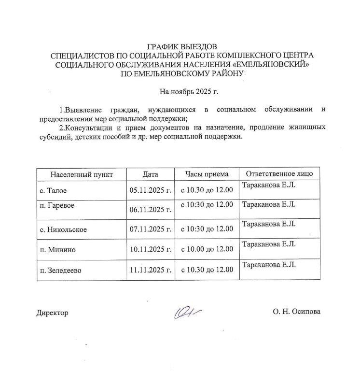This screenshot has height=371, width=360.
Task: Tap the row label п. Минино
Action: (57, 249)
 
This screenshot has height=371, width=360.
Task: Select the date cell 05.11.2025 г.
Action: (151, 191)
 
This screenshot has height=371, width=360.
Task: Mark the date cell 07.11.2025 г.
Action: (151, 229)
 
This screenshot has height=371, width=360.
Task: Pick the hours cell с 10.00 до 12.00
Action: (207, 249)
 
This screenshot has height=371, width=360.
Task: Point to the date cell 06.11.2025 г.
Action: (151, 210)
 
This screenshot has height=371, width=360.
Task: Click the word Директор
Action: (53, 313)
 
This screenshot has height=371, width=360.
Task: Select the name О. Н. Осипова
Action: (296, 312)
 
